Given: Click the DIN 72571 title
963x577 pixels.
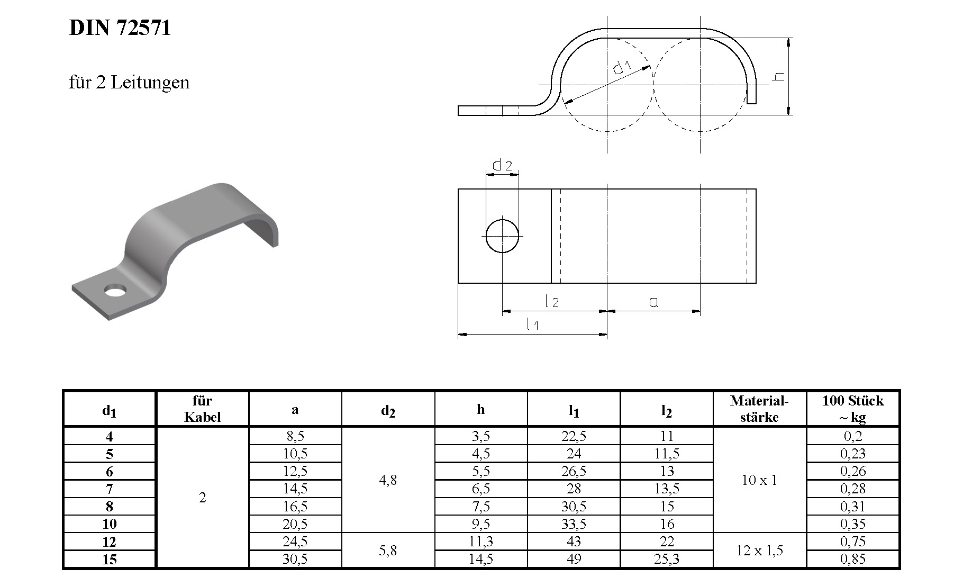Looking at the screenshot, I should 120,28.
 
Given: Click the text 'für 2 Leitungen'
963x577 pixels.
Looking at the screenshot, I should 129,83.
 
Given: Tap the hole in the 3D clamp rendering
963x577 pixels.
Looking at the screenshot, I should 115,291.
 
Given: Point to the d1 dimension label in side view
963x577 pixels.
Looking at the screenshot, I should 622,67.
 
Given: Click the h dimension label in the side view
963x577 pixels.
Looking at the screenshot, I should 779,77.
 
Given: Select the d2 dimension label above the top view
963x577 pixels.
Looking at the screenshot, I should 502,165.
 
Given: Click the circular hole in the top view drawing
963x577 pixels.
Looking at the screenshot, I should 502,236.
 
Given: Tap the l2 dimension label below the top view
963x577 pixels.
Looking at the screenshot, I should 551,302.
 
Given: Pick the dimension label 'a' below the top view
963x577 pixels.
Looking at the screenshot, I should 653,302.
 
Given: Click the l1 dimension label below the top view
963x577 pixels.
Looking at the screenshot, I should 532,324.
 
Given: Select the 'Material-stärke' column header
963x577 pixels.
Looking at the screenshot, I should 759,409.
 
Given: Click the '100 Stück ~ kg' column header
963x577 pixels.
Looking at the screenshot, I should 852,409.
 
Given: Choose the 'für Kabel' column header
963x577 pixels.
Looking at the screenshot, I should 202,409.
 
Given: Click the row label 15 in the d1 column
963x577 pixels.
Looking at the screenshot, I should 110,559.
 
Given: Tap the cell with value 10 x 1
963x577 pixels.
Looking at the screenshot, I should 759,480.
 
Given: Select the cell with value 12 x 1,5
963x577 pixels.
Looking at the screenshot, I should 759,551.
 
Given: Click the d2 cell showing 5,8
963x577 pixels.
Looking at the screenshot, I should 388,551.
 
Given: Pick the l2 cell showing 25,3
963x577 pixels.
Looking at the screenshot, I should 667,559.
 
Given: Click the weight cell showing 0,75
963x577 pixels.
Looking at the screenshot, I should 852,542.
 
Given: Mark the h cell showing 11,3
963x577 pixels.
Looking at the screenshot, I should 480,542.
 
